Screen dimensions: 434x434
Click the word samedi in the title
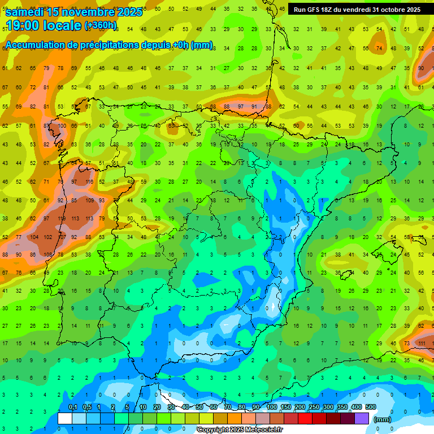[25, 12]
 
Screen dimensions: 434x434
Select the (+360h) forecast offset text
[101, 25]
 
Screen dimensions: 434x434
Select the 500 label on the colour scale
[370, 407]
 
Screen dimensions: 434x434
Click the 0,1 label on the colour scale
[72, 407]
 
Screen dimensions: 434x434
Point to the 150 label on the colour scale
[286, 407]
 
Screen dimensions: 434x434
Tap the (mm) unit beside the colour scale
[383, 419]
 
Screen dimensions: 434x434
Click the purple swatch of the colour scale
[362, 419]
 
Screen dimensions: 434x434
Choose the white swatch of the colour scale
[64, 419]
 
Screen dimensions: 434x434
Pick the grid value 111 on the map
[421, 343]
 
